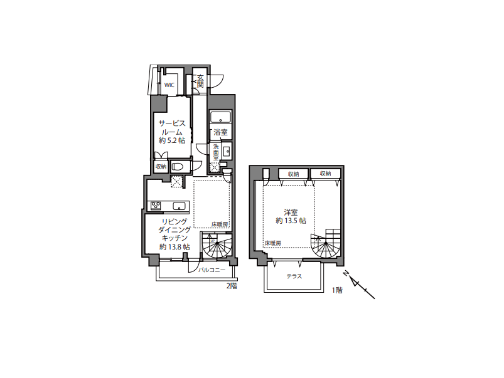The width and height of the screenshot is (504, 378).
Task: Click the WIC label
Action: [169, 85]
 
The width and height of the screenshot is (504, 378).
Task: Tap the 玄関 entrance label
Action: [200, 81]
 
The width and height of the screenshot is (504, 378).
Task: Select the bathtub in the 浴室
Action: [220, 117]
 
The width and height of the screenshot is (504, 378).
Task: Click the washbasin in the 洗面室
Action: [227, 151]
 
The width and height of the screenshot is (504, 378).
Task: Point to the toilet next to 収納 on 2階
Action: [177, 166]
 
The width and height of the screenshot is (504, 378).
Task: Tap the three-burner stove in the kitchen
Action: [156, 206]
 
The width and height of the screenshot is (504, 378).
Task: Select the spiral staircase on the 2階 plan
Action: [217, 246]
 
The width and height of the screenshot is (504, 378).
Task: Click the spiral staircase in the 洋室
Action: [325, 244]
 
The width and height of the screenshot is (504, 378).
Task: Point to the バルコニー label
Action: [212, 270]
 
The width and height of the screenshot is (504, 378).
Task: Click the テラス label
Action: [294, 276]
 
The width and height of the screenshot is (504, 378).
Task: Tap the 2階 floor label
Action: [232, 286]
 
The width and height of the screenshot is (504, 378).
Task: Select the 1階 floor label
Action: [337, 290]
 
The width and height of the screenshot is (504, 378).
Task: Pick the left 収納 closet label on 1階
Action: [293, 174]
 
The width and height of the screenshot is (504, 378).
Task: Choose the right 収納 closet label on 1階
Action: [325, 174]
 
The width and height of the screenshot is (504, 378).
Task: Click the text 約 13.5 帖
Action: [291, 221]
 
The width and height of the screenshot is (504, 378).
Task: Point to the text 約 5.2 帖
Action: [172, 140]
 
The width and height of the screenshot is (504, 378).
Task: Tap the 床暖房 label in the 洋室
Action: [273, 243]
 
